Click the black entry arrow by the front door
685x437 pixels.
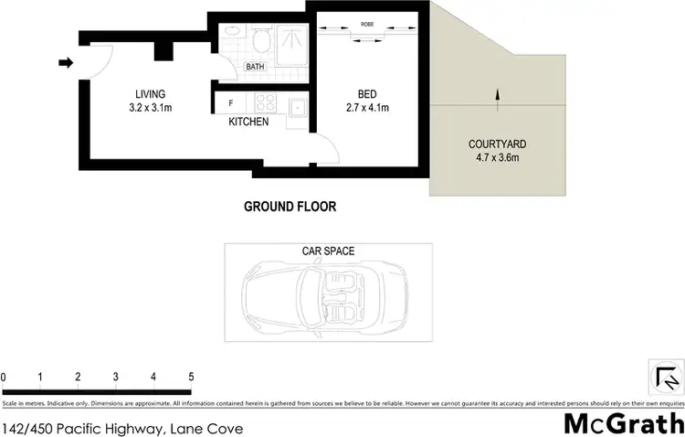point(66,63)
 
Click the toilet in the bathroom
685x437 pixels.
point(262,39)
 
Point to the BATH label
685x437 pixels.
point(255,67)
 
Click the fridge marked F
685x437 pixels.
point(231,103)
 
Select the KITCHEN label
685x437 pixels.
point(248,122)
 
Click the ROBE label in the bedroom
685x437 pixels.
point(367,25)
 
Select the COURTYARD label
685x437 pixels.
point(497,144)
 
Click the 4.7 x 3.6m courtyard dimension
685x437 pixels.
point(497,158)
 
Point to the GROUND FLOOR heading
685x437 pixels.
point(290,207)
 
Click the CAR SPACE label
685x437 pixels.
point(328,250)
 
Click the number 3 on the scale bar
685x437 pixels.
point(115,377)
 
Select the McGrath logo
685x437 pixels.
point(622,422)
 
